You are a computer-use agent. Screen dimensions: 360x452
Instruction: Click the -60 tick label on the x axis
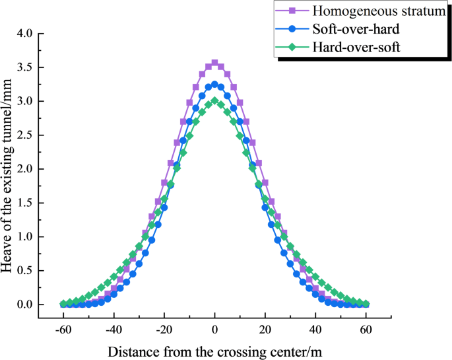coord(63,329)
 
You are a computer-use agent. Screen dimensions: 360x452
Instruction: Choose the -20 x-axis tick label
coord(164,329)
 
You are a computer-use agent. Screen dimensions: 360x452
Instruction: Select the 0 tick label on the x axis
coord(214,329)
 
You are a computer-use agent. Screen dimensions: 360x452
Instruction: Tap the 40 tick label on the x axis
coord(316,329)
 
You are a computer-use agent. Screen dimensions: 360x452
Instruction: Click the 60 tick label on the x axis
coord(367,329)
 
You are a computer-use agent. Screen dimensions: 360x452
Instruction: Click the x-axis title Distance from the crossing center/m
coord(214,349)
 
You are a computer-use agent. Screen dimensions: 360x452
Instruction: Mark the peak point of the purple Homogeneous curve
coord(214,63)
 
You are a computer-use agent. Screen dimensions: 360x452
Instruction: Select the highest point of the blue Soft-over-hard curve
coord(214,85)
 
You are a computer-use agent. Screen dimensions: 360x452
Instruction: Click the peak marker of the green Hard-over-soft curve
coord(214,100)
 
